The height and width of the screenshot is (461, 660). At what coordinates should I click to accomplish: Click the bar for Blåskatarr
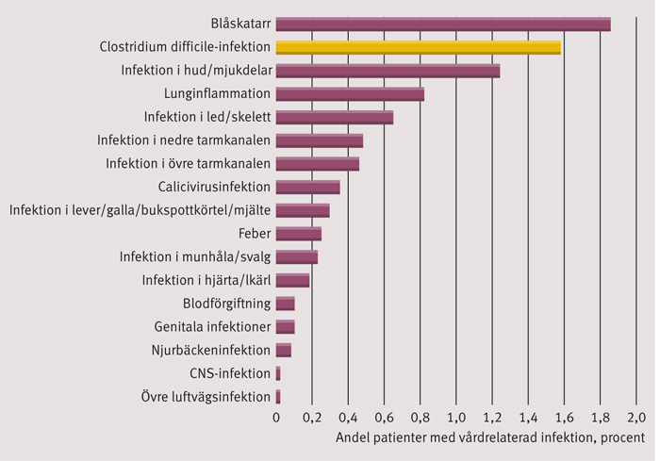443,25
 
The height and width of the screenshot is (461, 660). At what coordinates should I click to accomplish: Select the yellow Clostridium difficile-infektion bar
418,47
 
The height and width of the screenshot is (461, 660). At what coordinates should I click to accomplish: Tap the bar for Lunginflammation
350,93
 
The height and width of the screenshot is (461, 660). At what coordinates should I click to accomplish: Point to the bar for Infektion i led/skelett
334,117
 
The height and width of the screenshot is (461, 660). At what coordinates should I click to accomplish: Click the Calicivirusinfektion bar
307,187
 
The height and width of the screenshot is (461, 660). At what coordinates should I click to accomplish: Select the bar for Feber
298,233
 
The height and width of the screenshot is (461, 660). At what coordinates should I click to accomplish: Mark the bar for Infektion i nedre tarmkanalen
319,140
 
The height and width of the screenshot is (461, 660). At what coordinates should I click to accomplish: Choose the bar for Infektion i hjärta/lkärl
292,280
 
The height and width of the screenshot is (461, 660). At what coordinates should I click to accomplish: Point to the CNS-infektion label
230,373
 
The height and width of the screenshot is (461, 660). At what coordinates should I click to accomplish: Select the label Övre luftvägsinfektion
206,397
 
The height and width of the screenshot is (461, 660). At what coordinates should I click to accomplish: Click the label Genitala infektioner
212,327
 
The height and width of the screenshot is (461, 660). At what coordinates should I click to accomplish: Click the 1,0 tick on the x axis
456,418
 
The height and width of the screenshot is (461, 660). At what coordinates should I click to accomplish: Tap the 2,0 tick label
635,418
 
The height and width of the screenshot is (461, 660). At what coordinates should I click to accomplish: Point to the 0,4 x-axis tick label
349,418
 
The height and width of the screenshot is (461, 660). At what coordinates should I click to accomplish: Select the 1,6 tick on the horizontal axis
564,418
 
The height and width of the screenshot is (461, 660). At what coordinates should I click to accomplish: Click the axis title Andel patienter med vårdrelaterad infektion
490,438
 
